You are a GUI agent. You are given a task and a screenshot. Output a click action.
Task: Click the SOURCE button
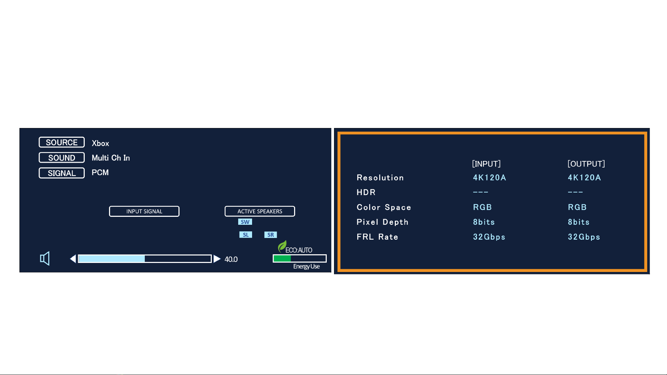(x=61, y=142)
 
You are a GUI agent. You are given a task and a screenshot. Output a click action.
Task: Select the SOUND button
(x=61, y=157)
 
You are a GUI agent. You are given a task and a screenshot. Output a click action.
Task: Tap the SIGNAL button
(x=61, y=173)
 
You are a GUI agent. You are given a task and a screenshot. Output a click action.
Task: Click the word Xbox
(x=100, y=143)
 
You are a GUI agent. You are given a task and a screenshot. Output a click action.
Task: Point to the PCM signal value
(x=100, y=172)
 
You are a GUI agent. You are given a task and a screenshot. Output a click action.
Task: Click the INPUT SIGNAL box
(x=144, y=211)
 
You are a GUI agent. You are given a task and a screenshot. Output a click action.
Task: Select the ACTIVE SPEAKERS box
(x=260, y=211)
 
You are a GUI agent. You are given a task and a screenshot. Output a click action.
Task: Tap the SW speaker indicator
(x=245, y=222)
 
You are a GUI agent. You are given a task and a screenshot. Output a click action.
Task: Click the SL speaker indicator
(x=245, y=235)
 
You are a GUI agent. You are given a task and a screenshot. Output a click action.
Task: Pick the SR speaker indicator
(x=270, y=235)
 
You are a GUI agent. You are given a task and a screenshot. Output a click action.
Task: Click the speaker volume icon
(x=45, y=258)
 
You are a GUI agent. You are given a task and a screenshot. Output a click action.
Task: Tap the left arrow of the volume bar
(x=73, y=259)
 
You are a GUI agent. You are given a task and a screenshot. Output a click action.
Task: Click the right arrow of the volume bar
(x=217, y=259)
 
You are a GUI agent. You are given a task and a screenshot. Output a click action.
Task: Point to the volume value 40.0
(x=231, y=259)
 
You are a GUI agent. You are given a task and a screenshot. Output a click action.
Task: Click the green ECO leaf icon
(x=282, y=246)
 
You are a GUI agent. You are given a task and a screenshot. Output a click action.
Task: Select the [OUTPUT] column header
(x=586, y=164)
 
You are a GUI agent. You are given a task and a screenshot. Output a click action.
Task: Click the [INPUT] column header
(x=486, y=164)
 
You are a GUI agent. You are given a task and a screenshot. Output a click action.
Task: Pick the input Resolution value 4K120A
(x=490, y=178)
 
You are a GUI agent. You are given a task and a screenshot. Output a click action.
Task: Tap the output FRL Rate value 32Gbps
(x=584, y=237)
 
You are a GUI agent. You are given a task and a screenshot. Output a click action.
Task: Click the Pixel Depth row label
(x=382, y=222)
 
